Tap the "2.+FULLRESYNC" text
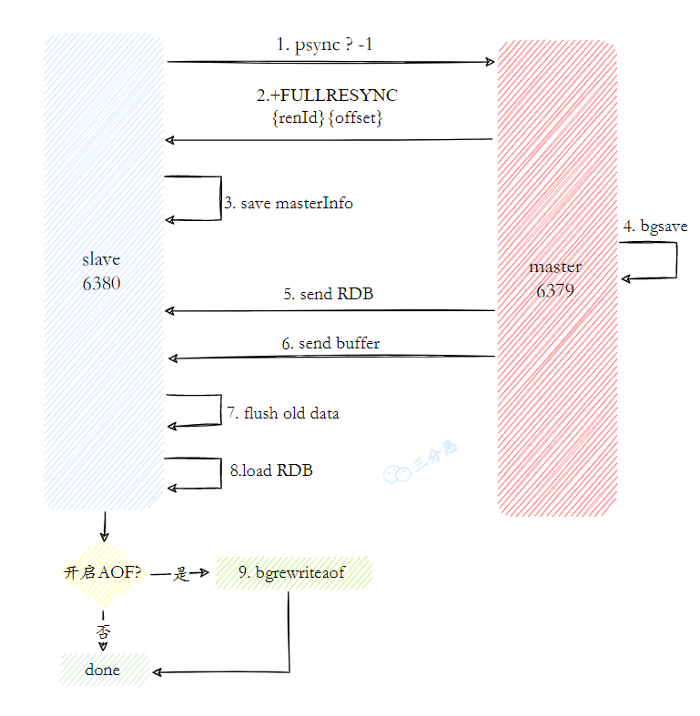[x=327, y=96]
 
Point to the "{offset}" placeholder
[x=356, y=117]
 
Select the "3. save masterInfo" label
[x=289, y=203]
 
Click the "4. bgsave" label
[x=655, y=227]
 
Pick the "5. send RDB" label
[x=328, y=294]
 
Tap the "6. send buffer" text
[x=330, y=343]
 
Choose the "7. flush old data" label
[x=282, y=413]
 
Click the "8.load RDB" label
[x=271, y=470]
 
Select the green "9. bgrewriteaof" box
[x=293, y=573]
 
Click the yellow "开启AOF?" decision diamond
[x=101, y=573]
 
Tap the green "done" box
[x=103, y=671]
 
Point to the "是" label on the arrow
[x=180, y=574]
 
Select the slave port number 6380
[x=101, y=283]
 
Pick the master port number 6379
[x=555, y=290]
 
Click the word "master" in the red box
[x=555, y=267]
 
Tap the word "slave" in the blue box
[x=101, y=259]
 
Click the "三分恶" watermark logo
[x=420, y=465]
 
